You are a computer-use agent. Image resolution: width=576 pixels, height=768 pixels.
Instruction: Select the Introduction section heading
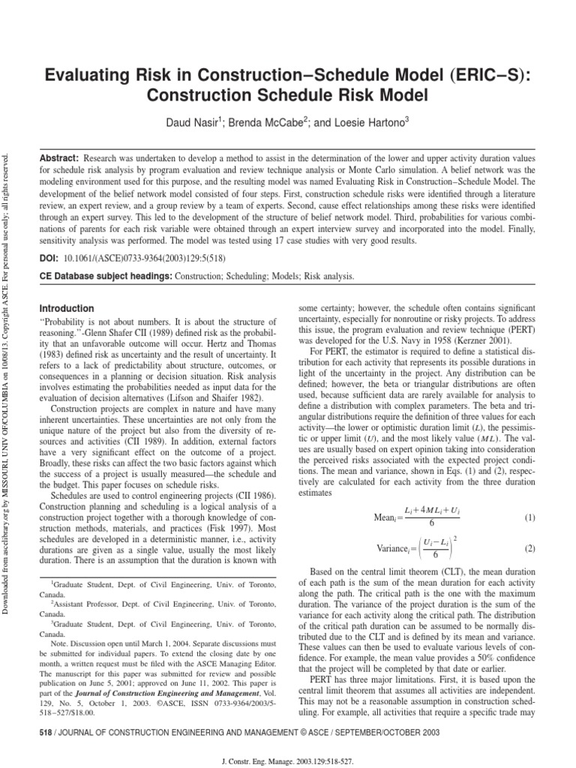tap(67, 308)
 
